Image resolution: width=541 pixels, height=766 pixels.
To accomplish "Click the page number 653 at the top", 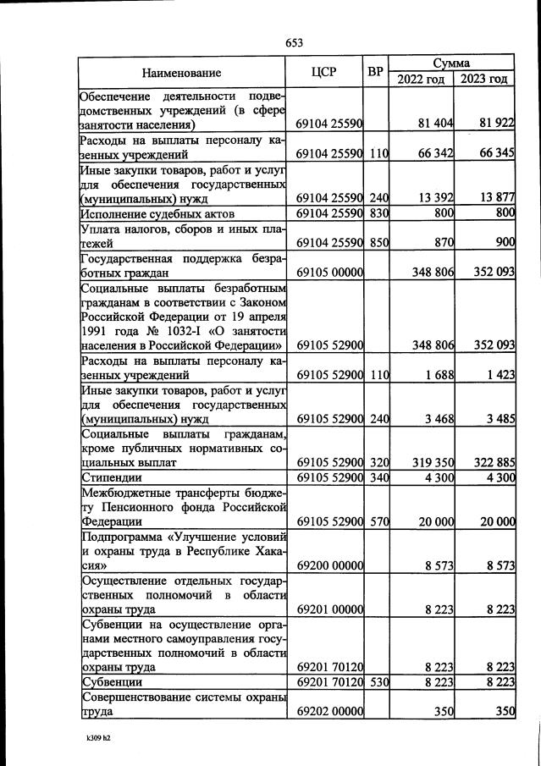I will point(295,43).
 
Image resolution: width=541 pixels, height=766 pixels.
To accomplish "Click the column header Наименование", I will point(181,73).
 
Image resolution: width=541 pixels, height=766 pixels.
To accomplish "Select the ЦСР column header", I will point(324,72).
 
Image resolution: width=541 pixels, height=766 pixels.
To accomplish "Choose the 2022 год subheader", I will point(421,80).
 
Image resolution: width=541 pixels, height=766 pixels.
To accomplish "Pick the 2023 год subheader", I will point(485,80).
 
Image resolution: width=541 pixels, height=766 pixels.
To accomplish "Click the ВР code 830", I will point(378,213).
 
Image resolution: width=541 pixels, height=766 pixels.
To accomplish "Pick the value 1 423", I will point(499,374).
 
